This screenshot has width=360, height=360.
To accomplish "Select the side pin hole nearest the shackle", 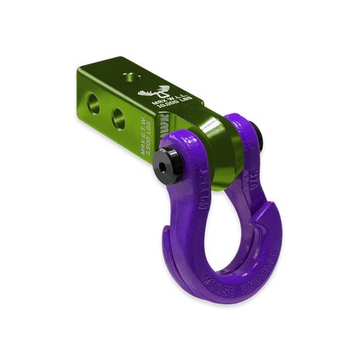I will (121, 118).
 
